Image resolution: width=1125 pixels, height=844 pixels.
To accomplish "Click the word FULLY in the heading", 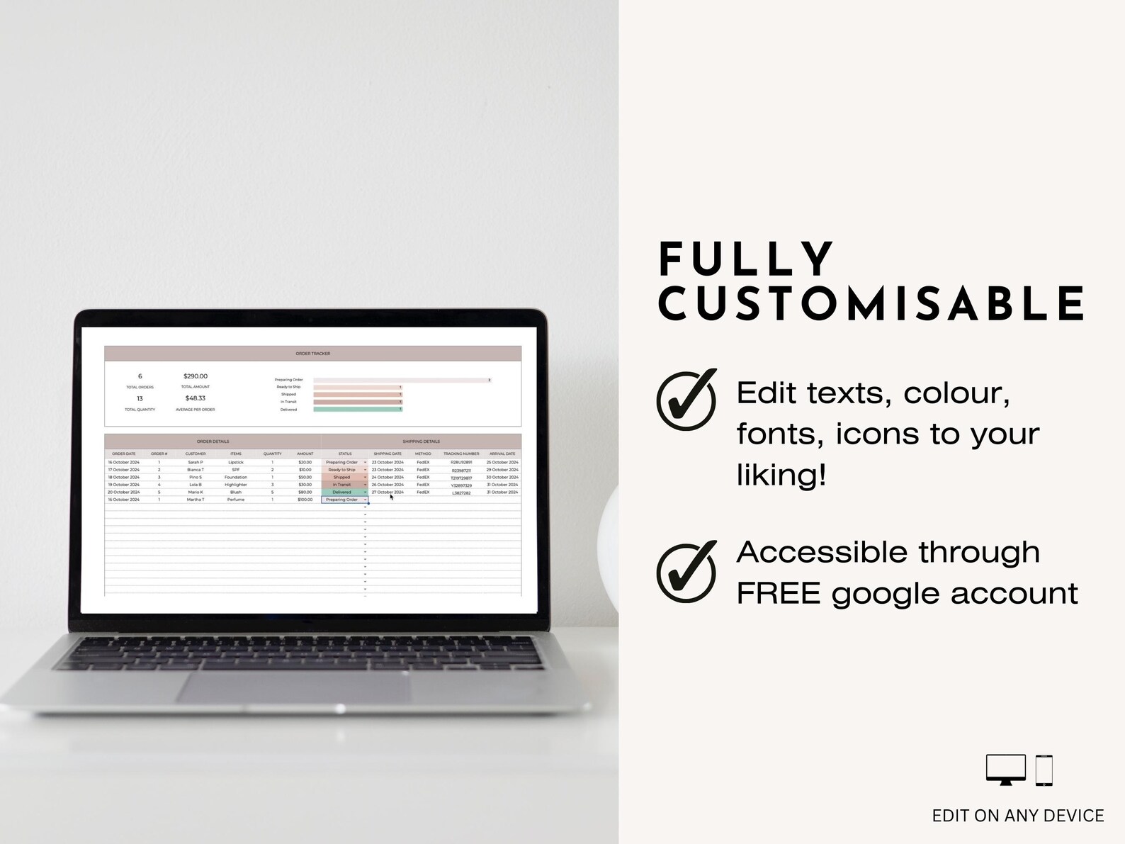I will pos(747,259).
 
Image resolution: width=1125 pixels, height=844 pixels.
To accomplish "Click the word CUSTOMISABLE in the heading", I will pos(871,303).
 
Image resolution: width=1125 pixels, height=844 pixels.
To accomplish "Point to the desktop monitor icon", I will pos(1005,770).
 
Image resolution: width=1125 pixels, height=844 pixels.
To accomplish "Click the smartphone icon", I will pos(1044,770).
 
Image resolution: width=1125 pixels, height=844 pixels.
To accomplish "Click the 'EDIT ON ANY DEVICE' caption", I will pos(1017,816).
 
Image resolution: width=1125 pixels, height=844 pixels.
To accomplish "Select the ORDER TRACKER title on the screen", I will pos(312,354).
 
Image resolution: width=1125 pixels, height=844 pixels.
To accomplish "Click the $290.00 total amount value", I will pos(196,376).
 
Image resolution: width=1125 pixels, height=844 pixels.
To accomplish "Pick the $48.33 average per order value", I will pos(196,398).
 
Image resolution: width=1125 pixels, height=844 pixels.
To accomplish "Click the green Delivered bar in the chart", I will pos(358,410).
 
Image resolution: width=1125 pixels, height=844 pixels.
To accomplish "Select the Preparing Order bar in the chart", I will pos(402,381).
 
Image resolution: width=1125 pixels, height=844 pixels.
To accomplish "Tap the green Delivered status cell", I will pos(342,493).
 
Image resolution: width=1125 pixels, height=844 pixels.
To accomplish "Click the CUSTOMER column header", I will pos(196,454).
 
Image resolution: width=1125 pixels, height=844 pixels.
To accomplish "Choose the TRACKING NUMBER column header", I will pos(461,454).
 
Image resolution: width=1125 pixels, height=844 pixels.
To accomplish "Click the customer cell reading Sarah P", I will pos(196,462).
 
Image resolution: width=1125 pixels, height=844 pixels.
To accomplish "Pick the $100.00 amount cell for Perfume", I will pos(305,500).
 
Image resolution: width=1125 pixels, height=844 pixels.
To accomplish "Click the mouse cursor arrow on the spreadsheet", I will pos(391,497).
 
